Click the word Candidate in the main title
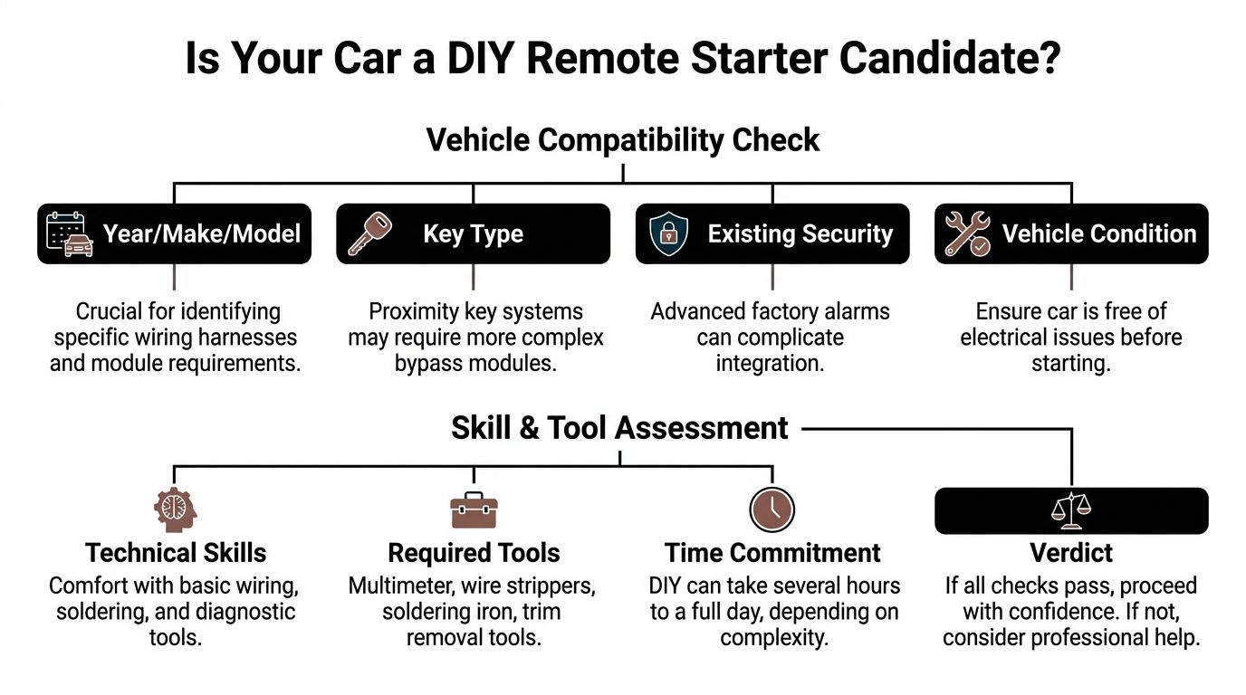(949, 58)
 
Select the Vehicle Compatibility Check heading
(622, 140)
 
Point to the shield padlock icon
(668, 233)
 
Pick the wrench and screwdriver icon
(967, 233)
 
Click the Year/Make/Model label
(201, 233)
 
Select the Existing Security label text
(800, 233)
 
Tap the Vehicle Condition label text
(1098, 233)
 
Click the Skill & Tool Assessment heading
(619, 428)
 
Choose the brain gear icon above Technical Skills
(175, 509)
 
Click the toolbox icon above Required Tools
(473, 510)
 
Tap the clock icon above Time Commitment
(772, 509)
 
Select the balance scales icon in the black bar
(1070, 510)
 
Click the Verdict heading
(1071, 553)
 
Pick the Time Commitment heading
(772, 553)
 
